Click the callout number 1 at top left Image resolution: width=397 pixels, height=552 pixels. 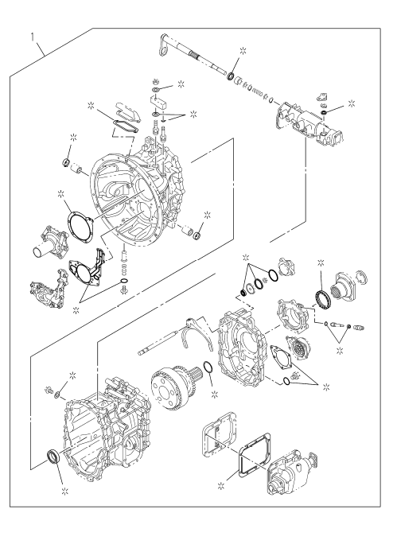click(x=33, y=37)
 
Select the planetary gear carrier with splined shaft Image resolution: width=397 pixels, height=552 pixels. click(x=174, y=388)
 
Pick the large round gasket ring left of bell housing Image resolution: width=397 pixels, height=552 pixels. click(x=80, y=227)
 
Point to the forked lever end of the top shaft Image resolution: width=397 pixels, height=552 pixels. click(x=164, y=45)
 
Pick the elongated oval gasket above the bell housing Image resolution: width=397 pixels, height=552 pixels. click(x=125, y=126)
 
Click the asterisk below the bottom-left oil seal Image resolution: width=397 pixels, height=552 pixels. click(x=64, y=491)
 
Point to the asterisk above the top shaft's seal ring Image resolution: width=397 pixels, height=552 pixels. click(x=243, y=50)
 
